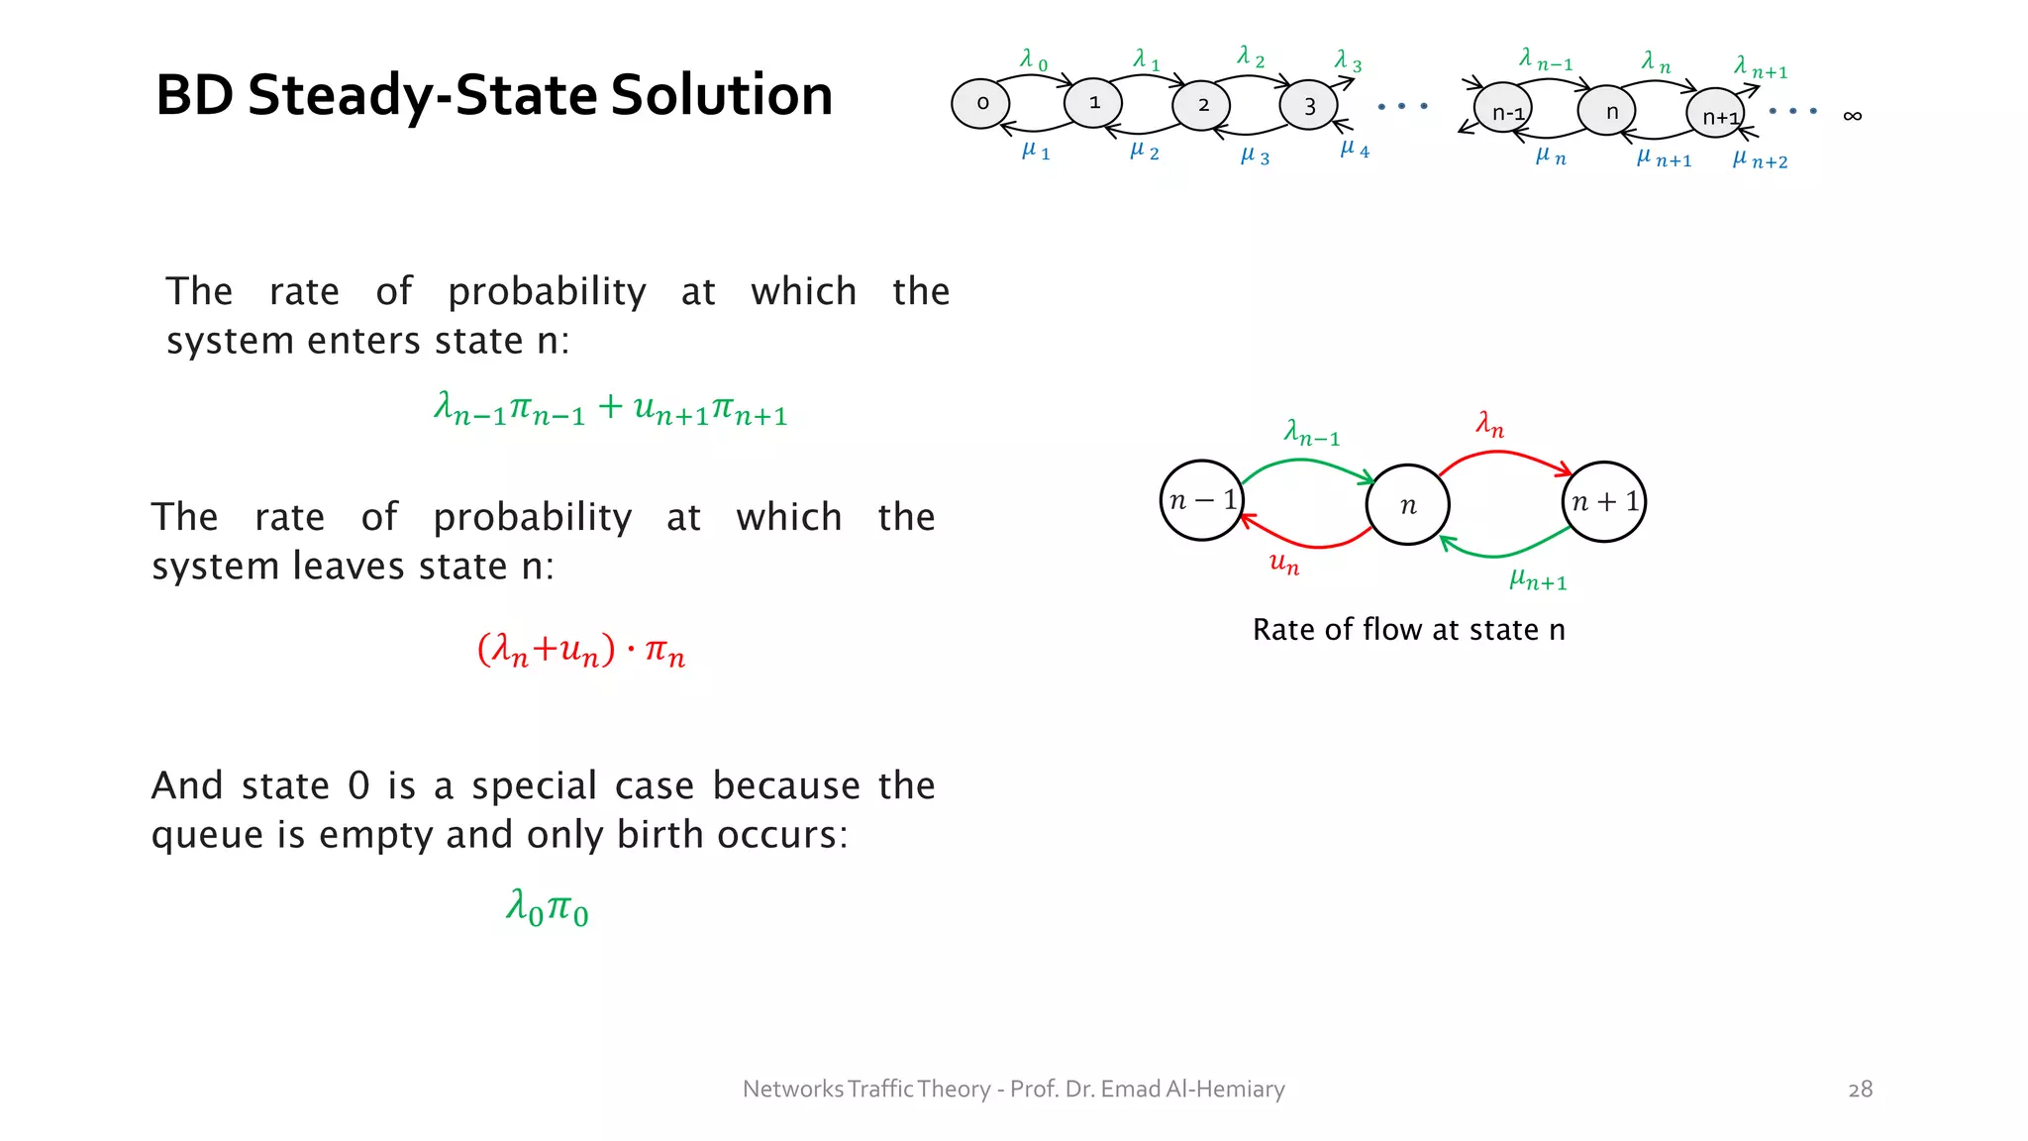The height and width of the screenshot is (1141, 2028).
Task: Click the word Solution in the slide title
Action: [x=721, y=95]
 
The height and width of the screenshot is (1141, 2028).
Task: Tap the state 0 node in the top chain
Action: [x=980, y=103]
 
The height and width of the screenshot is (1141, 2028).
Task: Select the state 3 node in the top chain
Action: [x=1308, y=105]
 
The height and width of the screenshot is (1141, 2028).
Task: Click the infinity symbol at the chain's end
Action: [x=1852, y=116]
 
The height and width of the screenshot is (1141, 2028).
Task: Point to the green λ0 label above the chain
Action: [x=1033, y=60]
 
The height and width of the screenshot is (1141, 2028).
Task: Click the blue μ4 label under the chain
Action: [x=1354, y=150]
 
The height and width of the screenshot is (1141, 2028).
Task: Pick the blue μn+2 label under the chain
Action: [x=1760, y=159]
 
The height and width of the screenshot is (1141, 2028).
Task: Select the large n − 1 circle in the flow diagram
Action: [x=1202, y=500]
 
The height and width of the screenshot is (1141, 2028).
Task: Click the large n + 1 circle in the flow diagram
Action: [x=1604, y=501]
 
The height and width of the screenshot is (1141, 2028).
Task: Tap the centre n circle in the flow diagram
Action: [x=1407, y=505]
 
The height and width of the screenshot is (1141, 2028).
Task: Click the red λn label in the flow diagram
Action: [x=1489, y=426]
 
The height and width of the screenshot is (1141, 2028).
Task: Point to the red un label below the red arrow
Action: [x=1284, y=564]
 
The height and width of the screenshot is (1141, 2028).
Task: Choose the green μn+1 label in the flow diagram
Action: [x=1538, y=579]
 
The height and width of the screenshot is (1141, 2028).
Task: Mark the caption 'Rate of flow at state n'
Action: [x=1408, y=630]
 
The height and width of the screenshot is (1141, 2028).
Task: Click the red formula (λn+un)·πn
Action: [x=581, y=651]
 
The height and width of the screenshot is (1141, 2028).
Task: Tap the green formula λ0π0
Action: [x=547, y=907]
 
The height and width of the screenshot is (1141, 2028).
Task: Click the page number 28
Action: [x=1860, y=1089]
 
